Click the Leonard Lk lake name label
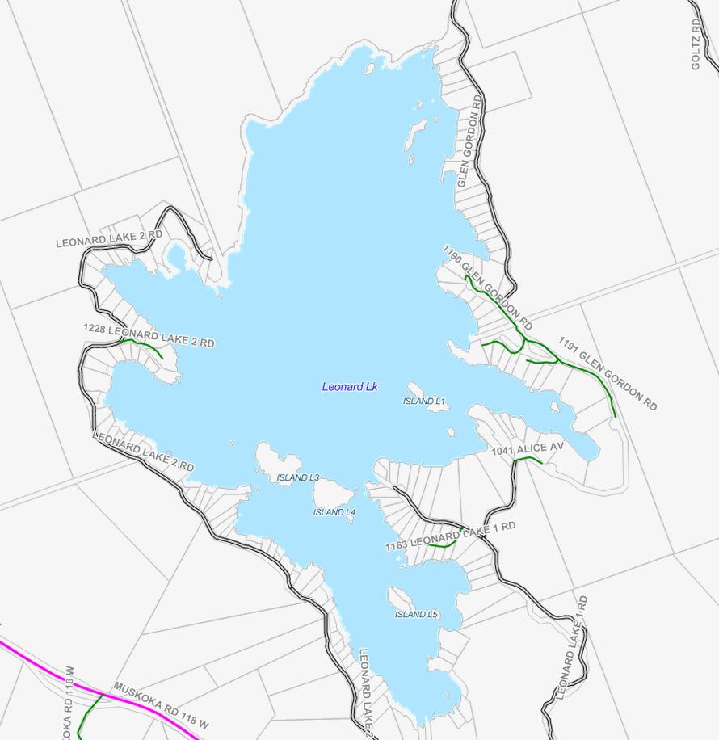350,387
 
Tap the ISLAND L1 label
424,401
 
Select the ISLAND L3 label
298,477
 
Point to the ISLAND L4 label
334,512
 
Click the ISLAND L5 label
416,615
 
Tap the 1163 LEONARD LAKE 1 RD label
450,536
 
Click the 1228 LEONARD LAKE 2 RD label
149,336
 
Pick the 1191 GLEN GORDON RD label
608,373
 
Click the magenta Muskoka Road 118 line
48,670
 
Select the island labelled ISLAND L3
267,460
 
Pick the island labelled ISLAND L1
427,397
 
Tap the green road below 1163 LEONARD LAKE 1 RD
442,545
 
